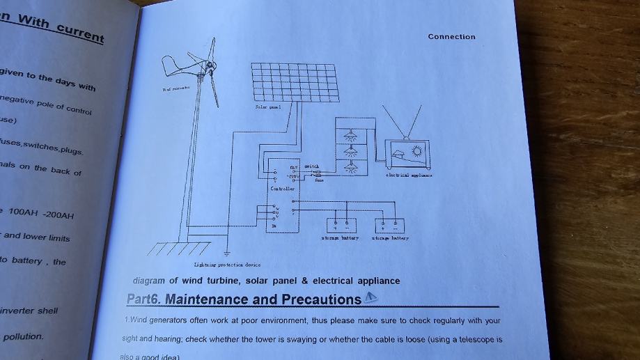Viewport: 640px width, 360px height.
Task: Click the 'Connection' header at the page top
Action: (451, 37)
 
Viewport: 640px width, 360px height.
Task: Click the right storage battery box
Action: (389, 225)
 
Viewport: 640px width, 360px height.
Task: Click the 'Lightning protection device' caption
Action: (227, 265)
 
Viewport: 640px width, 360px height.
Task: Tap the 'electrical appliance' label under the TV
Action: (409, 175)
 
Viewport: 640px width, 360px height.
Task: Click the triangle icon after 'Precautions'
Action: (371, 297)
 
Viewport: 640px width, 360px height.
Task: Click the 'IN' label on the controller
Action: (273, 226)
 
